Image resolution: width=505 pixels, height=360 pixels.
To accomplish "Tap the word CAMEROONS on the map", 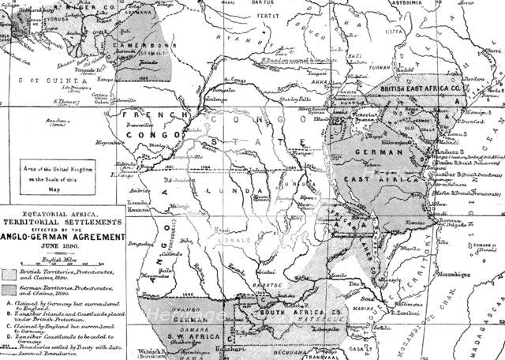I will [143, 46].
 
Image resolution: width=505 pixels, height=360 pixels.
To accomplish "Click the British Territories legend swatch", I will [13, 274].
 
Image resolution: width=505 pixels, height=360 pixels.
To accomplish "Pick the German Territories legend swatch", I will [13, 291].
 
